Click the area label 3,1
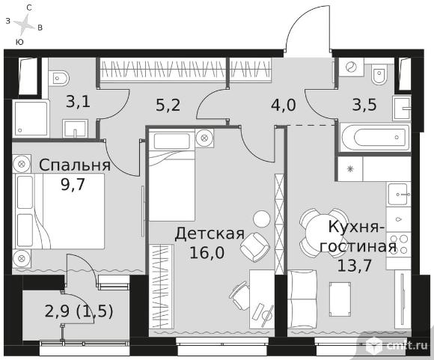pos(79,103)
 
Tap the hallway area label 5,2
pos(168,106)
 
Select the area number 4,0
pos(284,106)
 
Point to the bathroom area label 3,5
pos(364,106)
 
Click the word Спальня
pos(75,165)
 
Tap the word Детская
pos(210,234)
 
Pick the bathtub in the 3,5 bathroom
pos(374,138)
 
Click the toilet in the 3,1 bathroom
pos(59,78)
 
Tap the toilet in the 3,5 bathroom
pos(379,75)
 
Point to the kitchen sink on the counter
pos(399,195)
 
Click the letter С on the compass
pos(29,8)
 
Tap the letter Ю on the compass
pos(19,42)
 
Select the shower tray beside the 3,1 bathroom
pos(31,118)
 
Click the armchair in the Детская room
pos(254,247)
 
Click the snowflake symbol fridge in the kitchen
pos(350,168)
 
